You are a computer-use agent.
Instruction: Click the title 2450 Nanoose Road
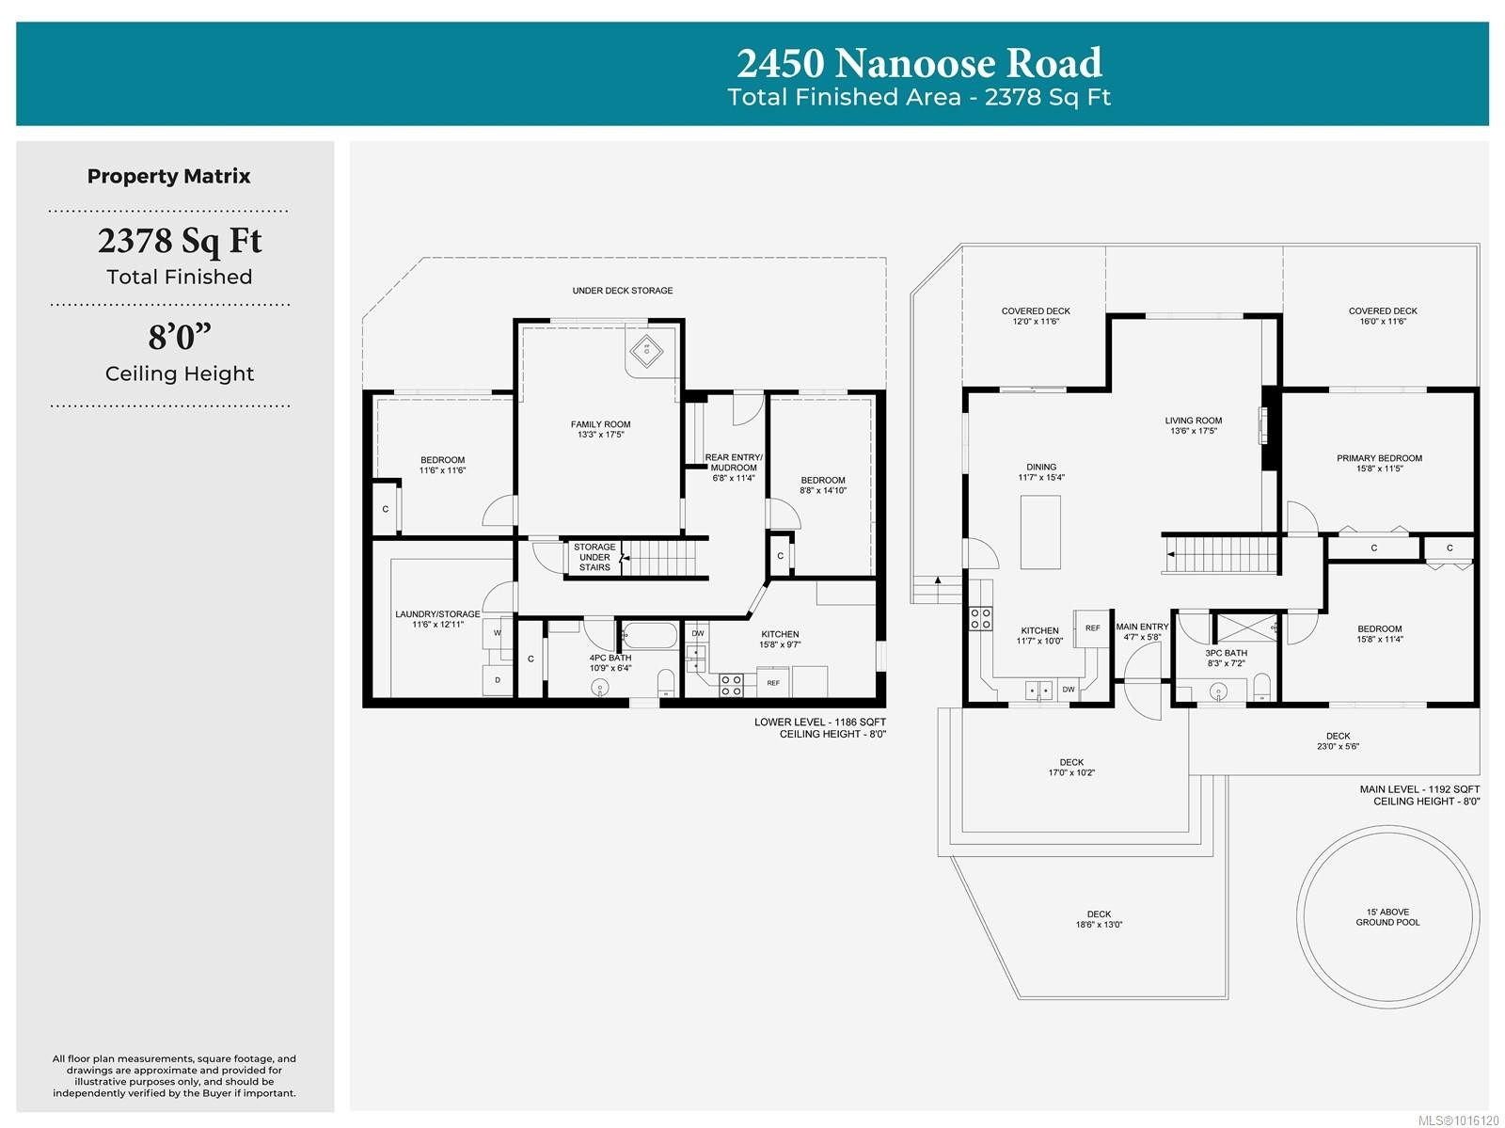919,63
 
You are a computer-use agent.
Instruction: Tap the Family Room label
600,429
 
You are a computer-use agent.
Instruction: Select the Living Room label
1193,425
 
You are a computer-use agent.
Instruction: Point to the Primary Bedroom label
1379,463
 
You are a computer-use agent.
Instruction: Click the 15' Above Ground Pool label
1387,916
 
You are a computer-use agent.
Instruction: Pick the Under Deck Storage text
623,291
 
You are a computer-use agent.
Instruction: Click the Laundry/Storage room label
437,619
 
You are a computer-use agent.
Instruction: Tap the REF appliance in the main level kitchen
1092,628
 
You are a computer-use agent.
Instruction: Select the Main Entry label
1142,631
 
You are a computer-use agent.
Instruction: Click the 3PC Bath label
1226,658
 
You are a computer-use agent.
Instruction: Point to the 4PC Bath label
610,662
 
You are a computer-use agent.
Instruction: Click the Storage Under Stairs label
594,557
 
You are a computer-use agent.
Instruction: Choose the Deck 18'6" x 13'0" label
1099,918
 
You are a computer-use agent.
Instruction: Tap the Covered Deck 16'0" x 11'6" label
1382,316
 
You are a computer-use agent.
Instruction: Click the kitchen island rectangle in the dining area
1040,532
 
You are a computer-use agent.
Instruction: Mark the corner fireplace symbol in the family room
646,352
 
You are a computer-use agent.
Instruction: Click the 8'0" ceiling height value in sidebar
180,336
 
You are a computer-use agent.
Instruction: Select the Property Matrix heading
169,176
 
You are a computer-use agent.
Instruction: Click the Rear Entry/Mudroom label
734,467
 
